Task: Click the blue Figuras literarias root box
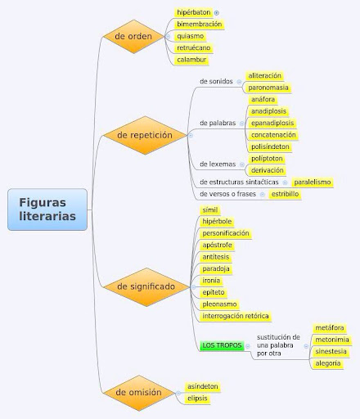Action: pyautogui.click(x=47, y=209)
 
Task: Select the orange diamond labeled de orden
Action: pyautogui.click(x=133, y=36)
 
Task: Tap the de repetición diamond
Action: pyautogui.click(x=145, y=135)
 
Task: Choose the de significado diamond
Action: pyautogui.click(x=146, y=287)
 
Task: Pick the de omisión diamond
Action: pyautogui.click(x=138, y=393)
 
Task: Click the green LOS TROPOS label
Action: pyautogui.click(x=222, y=345)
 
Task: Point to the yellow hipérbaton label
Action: pyautogui.click(x=194, y=12)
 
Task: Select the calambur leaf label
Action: pyautogui.click(x=191, y=60)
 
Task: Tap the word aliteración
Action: pyautogui.click(x=264, y=75)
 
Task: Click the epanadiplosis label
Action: pyautogui.click(x=272, y=123)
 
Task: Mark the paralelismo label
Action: pyautogui.click(x=313, y=182)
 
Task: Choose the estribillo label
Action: pyautogui.click(x=285, y=194)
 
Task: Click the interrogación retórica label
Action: pyautogui.click(x=236, y=316)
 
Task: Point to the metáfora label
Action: pyautogui.click(x=330, y=328)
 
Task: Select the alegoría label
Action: pyautogui.click(x=328, y=363)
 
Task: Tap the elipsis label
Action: pyautogui.click(x=197, y=399)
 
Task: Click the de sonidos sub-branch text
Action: pyautogui.click(x=216, y=81)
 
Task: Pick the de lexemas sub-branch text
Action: pyautogui.click(x=218, y=164)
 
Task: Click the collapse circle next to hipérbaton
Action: pyautogui.click(x=217, y=13)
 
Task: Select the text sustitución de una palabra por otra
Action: pyautogui.click(x=278, y=345)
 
